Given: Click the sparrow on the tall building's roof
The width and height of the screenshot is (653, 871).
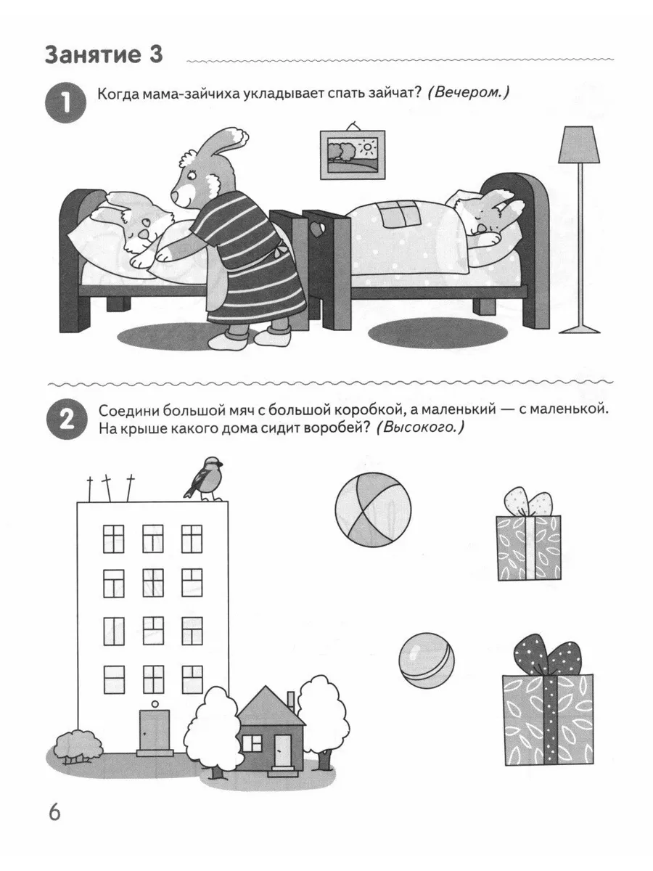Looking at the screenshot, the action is [204, 478].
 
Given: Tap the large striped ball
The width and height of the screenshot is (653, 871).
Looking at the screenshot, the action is [373, 509].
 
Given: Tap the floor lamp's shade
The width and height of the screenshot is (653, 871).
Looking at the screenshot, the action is [579, 145].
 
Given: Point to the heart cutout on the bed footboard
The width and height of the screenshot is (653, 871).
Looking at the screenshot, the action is [317, 229].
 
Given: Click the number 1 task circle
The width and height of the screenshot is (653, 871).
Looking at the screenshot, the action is [66, 102].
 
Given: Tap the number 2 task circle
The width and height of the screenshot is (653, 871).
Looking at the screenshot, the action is [66, 419].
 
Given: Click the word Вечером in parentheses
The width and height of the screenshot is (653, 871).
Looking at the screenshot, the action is [468, 92].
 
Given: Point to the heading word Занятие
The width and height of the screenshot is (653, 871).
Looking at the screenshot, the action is [92, 55].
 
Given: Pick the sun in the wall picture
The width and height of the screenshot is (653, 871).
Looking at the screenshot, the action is [368, 148].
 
